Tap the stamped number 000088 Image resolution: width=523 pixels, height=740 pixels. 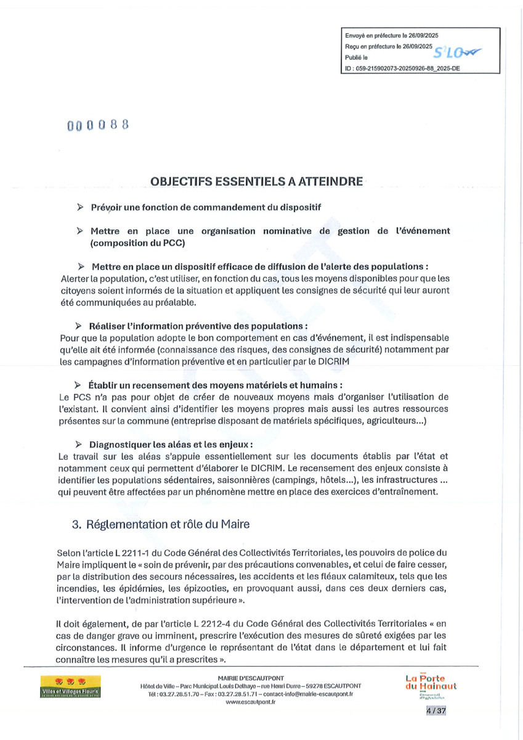click(98, 125)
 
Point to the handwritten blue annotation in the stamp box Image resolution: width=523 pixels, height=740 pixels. click(458, 54)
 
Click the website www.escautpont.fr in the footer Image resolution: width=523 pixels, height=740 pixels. click(250, 702)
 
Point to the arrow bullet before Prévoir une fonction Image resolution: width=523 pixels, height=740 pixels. click(80, 207)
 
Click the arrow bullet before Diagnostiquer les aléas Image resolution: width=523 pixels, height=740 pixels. click(79, 444)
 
